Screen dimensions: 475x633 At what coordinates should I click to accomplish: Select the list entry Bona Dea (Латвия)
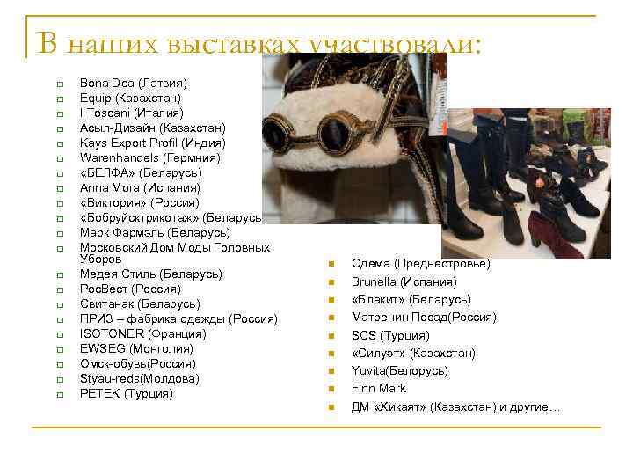click(x=133, y=83)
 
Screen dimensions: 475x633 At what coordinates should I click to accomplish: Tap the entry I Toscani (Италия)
click(x=131, y=113)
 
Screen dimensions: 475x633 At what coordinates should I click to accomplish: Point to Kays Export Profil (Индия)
click(x=152, y=142)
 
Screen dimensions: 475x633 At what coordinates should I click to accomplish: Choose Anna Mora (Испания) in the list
click(x=140, y=187)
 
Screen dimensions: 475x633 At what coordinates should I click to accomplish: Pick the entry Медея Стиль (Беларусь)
click(x=150, y=274)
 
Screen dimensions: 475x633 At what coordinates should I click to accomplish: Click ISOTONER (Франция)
click(x=143, y=333)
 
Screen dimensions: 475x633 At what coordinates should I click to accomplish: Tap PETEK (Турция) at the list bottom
click(x=127, y=393)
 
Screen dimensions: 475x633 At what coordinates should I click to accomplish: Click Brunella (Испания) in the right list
click(x=404, y=281)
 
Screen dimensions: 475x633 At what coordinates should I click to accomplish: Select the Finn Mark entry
click(x=379, y=388)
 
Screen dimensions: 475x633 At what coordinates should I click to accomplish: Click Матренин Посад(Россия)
click(x=424, y=317)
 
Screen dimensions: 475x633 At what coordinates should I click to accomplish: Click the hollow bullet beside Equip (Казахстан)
click(x=59, y=99)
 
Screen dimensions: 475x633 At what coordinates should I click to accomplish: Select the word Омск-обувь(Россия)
click(x=138, y=363)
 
